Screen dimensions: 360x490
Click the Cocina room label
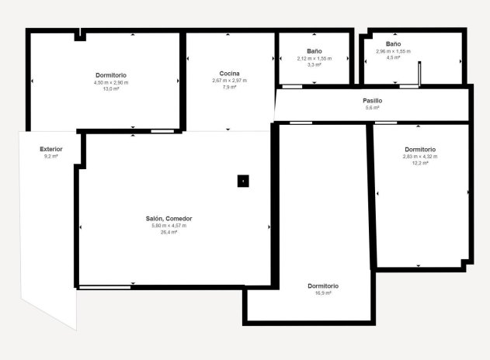pyautogui.click(x=229, y=74)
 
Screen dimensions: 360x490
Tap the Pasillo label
pyautogui.click(x=372, y=101)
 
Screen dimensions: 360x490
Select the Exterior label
pyautogui.click(x=51, y=149)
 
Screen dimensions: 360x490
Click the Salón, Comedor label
pyautogui.click(x=169, y=219)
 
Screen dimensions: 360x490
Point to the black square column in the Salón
pyautogui.click(x=243, y=181)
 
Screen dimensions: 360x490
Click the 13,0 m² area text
pyautogui.click(x=111, y=88)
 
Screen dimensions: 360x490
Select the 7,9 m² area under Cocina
pyautogui.click(x=229, y=87)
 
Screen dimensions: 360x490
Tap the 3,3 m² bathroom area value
pyautogui.click(x=314, y=64)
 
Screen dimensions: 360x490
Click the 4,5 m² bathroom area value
pyautogui.click(x=393, y=57)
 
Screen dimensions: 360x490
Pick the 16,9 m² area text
pyautogui.click(x=323, y=293)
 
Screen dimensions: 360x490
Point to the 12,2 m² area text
pyautogui.click(x=420, y=163)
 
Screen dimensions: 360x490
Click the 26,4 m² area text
pyautogui.click(x=169, y=232)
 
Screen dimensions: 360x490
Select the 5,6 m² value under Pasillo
pyautogui.click(x=372, y=108)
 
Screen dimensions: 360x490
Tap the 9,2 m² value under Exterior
pyautogui.click(x=51, y=157)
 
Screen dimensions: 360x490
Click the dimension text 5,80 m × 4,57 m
pyautogui.click(x=169, y=226)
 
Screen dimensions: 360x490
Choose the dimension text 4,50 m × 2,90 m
pyautogui.click(x=111, y=81)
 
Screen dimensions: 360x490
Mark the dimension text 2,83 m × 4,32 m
pyautogui.click(x=420, y=157)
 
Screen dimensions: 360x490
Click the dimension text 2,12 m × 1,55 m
pyautogui.click(x=314, y=58)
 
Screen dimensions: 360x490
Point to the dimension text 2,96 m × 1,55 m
pyautogui.click(x=393, y=51)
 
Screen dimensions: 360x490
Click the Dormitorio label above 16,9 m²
pyautogui.click(x=323, y=286)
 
